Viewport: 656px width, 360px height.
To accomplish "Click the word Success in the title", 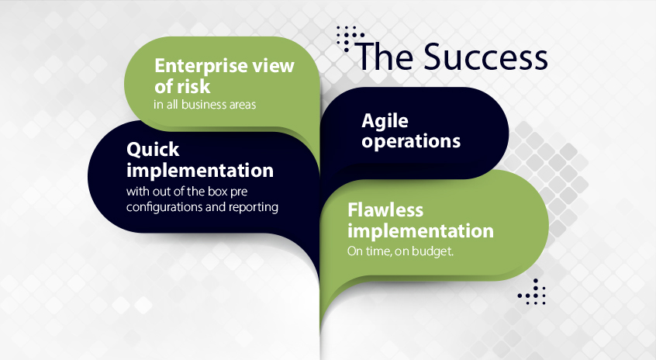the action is [485, 57].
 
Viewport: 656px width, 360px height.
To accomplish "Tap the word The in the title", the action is [385, 57].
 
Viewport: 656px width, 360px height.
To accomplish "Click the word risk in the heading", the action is [193, 86].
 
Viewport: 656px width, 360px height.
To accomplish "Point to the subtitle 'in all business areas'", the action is [205, 104].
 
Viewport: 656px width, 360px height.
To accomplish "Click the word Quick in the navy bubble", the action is [153, 150].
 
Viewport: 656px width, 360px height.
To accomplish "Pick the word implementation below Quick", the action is [200, 171].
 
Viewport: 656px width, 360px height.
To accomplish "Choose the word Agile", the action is [385, 121].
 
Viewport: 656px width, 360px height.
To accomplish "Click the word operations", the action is [411, 141].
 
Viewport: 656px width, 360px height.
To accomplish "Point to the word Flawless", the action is [385, 209].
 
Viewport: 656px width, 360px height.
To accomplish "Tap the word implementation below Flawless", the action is [420, 230].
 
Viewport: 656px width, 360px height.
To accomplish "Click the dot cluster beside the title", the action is [350, 37].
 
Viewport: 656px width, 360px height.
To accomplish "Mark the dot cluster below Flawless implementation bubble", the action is [532, 292].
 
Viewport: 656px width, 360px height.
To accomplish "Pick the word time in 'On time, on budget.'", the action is [377, 251].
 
